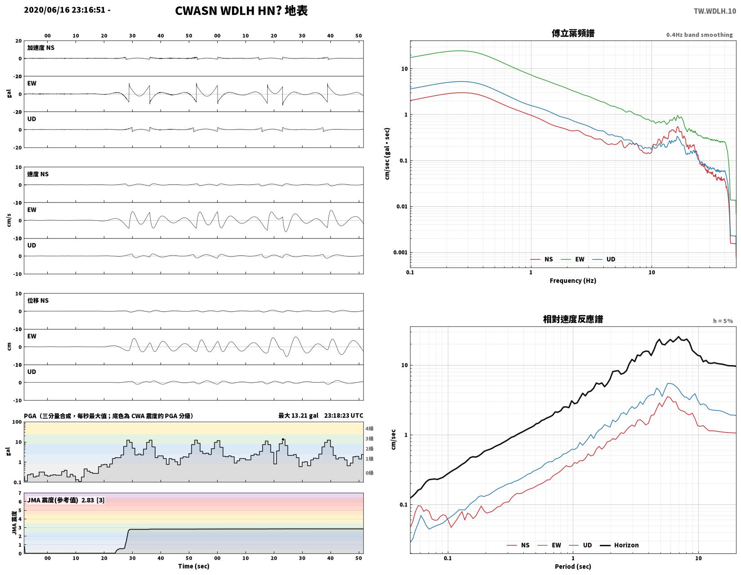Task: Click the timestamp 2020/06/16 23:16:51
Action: click(64, 10)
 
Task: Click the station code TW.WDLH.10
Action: click(714, 11)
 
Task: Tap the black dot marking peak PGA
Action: click(283, 439)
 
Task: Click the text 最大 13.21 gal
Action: click(298, 415)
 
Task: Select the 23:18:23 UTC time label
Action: click(344, 415)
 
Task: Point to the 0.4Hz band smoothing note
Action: click(699, 35)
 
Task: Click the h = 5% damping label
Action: click(723, 321)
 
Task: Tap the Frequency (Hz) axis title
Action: click(572, 281)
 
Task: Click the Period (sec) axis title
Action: click(572, 566)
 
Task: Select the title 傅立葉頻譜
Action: click(572, 33)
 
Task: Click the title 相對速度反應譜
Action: click(572, 319)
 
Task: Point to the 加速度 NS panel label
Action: click(40, 48)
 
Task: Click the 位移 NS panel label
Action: click(38, 300)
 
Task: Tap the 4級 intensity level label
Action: click(369, 428)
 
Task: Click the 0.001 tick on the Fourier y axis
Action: click(400, 252)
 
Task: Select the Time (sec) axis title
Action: click(193, 566)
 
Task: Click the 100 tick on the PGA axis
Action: click(17, 422)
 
